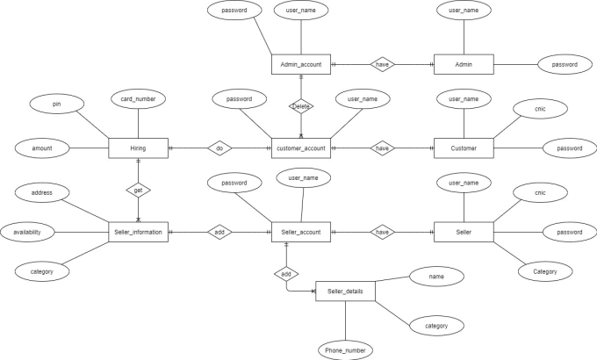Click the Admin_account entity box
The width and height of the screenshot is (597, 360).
[300, 64]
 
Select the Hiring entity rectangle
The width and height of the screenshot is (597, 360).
[138, 148]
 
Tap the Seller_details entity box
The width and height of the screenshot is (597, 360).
[345, 291]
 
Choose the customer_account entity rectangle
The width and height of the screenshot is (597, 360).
[300, 148]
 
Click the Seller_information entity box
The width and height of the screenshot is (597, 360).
[138, 232]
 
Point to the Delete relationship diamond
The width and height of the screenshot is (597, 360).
[300, 106]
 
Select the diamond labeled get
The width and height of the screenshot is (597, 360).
[138, 190]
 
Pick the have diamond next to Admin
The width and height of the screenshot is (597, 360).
[382, 64]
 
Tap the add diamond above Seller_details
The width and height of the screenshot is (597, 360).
[286, 274]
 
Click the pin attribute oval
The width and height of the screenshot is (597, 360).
[56, 104]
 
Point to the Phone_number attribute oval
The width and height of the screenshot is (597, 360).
[345, 349]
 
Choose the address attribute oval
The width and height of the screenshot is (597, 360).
[43, 191]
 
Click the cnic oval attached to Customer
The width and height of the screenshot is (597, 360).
[540, 109]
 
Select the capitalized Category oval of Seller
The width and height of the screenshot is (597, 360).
[544, 272]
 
